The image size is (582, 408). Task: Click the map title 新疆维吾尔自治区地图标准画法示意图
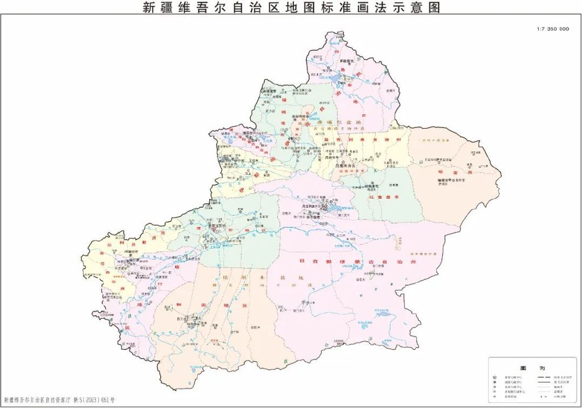pyautogui.click(x=291, y=7)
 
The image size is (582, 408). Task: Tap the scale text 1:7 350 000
pyautogui.click(x=552, y=29)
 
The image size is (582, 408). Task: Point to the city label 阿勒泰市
pyautogui.click(x=347, y=60)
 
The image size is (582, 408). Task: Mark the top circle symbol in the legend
pyautogui.click(x=495, y=377)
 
